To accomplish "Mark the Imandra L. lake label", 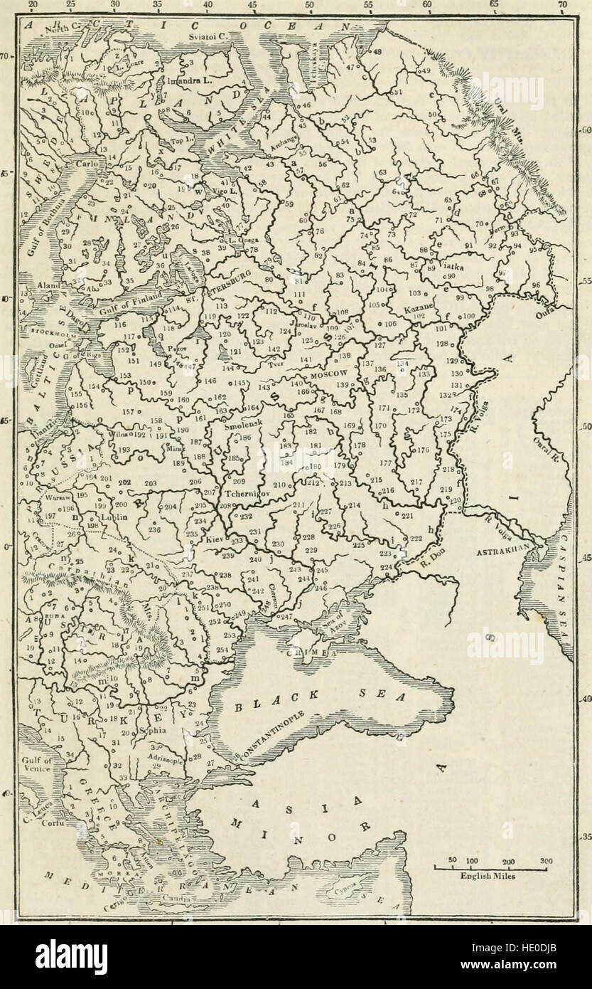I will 189,80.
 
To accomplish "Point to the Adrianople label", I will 164,760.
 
